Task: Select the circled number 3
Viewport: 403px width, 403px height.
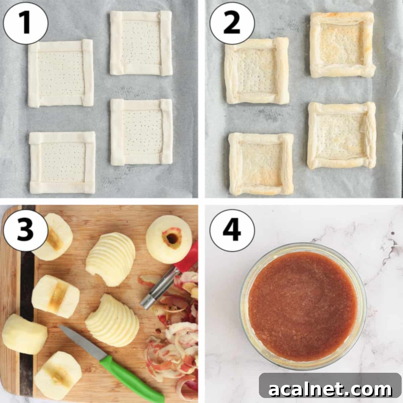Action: (26, 230)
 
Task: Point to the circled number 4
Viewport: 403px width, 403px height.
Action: (232, 230)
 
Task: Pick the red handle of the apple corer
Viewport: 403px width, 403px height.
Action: (188, 259)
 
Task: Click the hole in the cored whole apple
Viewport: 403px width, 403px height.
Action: (172, 238)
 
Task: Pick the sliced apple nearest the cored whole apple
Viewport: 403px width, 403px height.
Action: (111, 259)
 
